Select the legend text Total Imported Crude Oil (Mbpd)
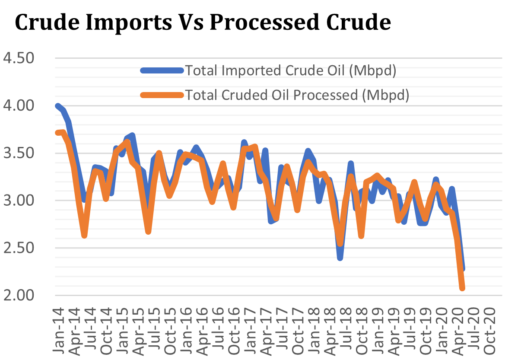coord(290,70)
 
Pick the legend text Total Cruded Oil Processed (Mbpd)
coord(297,95)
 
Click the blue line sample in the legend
coord(162,70)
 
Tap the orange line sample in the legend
coord(162,95)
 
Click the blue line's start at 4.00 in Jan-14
coord(58,105)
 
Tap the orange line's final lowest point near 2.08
coord(462,288)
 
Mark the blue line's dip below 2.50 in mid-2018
coord(340,258)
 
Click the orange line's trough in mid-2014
coord(85,236)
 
